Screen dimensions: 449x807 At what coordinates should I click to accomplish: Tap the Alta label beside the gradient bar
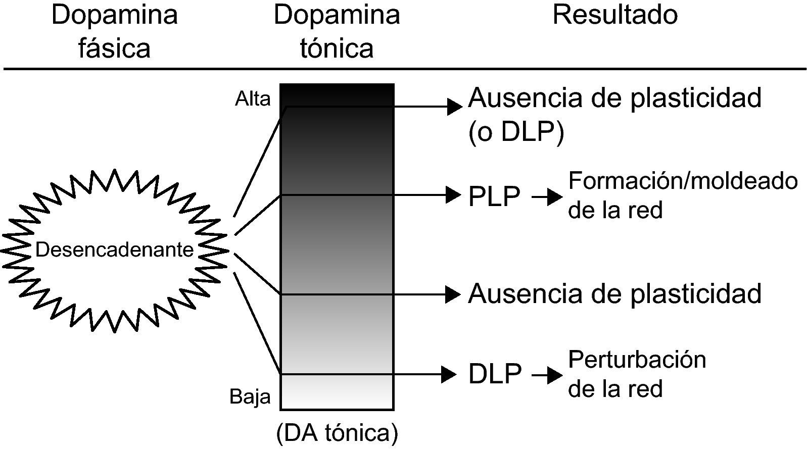pos(252,99)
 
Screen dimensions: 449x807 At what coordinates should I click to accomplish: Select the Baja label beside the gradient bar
pos(250,396)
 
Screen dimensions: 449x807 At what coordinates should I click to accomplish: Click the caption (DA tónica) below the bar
pos(337,433)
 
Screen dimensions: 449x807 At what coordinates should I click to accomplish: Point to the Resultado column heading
pos(614,15)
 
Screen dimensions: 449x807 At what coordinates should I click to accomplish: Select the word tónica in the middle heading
pos(337,49)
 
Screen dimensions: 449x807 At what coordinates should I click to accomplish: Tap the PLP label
pos(494,196)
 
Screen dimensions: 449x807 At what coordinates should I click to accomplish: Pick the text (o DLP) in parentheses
pos(516,132)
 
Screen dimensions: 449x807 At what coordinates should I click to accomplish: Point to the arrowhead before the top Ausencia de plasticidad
pos(455,107)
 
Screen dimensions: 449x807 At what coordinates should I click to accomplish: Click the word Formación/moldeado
pos(683,181)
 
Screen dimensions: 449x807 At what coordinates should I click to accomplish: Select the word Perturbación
pos(637,360)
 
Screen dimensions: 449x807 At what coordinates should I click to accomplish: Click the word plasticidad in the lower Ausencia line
pos(696,293)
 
